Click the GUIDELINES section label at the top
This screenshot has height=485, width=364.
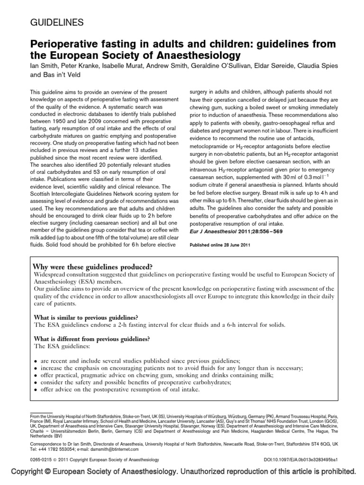(x=57, y=22)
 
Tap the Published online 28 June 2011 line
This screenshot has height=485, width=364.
(x=217, y=245)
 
